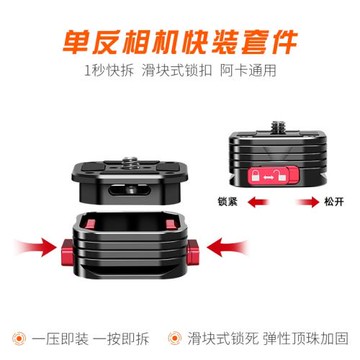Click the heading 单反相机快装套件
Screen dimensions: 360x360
pyautogui.click(x=180, y=39)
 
